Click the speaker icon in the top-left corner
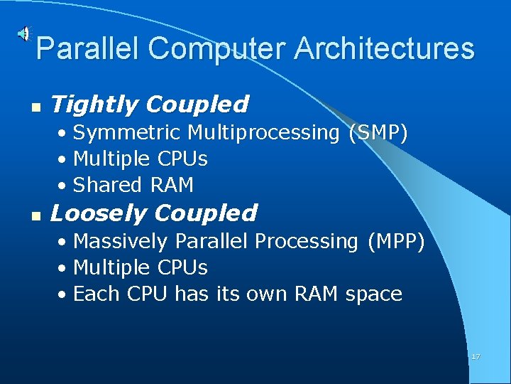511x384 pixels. click(x=24, y=33)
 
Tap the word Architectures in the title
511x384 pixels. click(x=384, y=49)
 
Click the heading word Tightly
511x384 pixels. click(x=94, y=105)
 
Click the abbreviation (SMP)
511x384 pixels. click(x=378, y=133)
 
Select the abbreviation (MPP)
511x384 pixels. click(x=395, y=242)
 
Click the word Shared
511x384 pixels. click(x=107, y=186)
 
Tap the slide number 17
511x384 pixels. click(x=476, y=356)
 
